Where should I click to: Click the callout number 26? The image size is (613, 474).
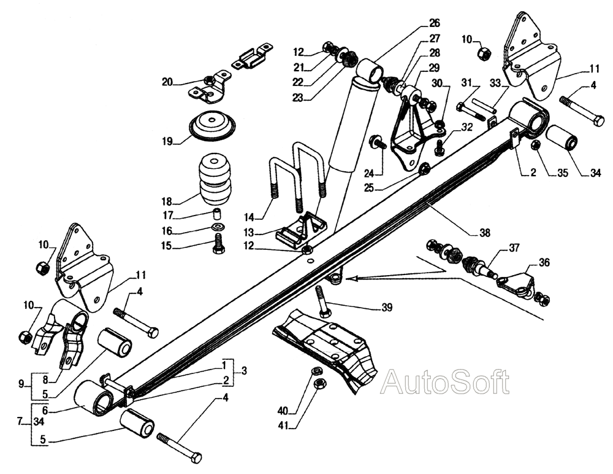[434, 24]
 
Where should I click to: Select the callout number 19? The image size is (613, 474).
[167, 141]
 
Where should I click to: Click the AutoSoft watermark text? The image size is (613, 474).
[444, 382]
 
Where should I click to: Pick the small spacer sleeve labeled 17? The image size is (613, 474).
[216, 214]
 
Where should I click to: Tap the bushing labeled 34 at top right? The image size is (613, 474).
[562, 139]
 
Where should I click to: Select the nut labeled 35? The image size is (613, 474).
[535, 146]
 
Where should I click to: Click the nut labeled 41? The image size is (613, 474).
[319, 384]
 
